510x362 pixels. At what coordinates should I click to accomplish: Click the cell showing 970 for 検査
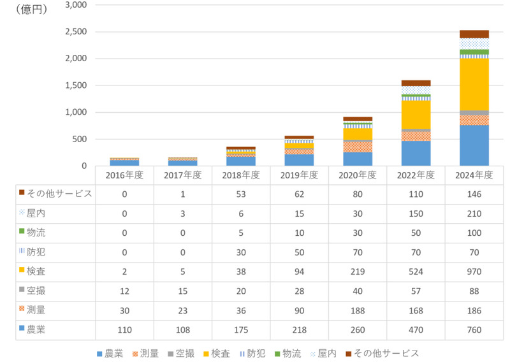click(x=475, y=271)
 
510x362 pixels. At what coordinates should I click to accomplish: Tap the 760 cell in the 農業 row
click(x=475, y=329)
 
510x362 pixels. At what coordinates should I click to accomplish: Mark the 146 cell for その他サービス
click(x=475, y=194)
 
